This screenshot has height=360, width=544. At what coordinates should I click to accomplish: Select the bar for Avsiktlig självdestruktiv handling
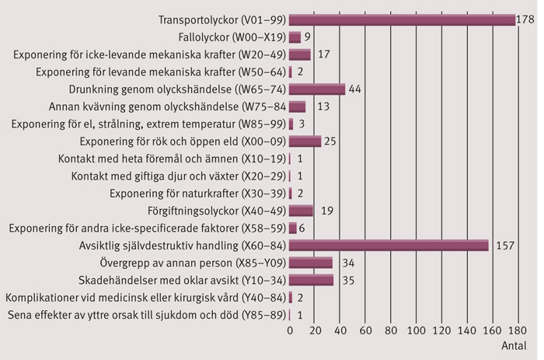(x=389, y=245)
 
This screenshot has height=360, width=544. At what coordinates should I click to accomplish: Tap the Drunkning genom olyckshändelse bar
(x=317, y=89)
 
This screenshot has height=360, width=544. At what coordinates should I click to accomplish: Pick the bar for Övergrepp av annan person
(x=311, y=262)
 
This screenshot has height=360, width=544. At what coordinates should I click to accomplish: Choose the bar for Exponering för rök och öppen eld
(x=305, y=141)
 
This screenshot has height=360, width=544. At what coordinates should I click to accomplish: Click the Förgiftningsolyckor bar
(x=301, y=210)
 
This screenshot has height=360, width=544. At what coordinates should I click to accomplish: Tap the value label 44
(x=356, y=89)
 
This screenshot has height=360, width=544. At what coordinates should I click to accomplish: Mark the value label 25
(x=331, y=141)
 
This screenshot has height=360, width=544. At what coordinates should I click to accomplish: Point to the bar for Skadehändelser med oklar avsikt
(x=312, y=280)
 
